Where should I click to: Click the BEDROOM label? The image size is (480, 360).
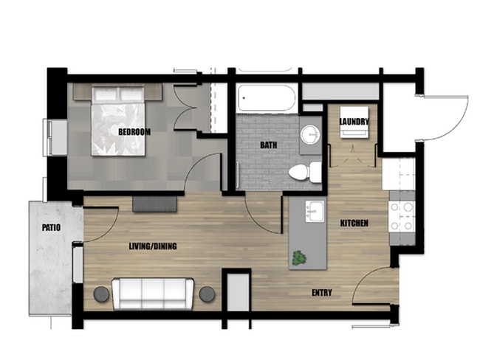point(134,132)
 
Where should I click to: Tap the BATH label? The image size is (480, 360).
point(268,145)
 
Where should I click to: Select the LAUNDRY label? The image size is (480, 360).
point(354,122)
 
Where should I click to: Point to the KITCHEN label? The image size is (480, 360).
point(354,223)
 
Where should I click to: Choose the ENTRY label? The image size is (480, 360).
point(321,293)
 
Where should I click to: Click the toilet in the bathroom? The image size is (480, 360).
point(304,173)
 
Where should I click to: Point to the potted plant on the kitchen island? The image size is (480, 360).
point(299,258)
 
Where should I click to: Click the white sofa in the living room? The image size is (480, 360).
point(154,293)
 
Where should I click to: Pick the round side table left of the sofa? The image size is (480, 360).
point(102,294)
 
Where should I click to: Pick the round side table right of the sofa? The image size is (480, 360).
point(208,294)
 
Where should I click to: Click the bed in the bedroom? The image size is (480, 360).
point(123,119)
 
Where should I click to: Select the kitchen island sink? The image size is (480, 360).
point(314,210)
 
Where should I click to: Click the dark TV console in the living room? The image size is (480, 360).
point(155,204)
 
